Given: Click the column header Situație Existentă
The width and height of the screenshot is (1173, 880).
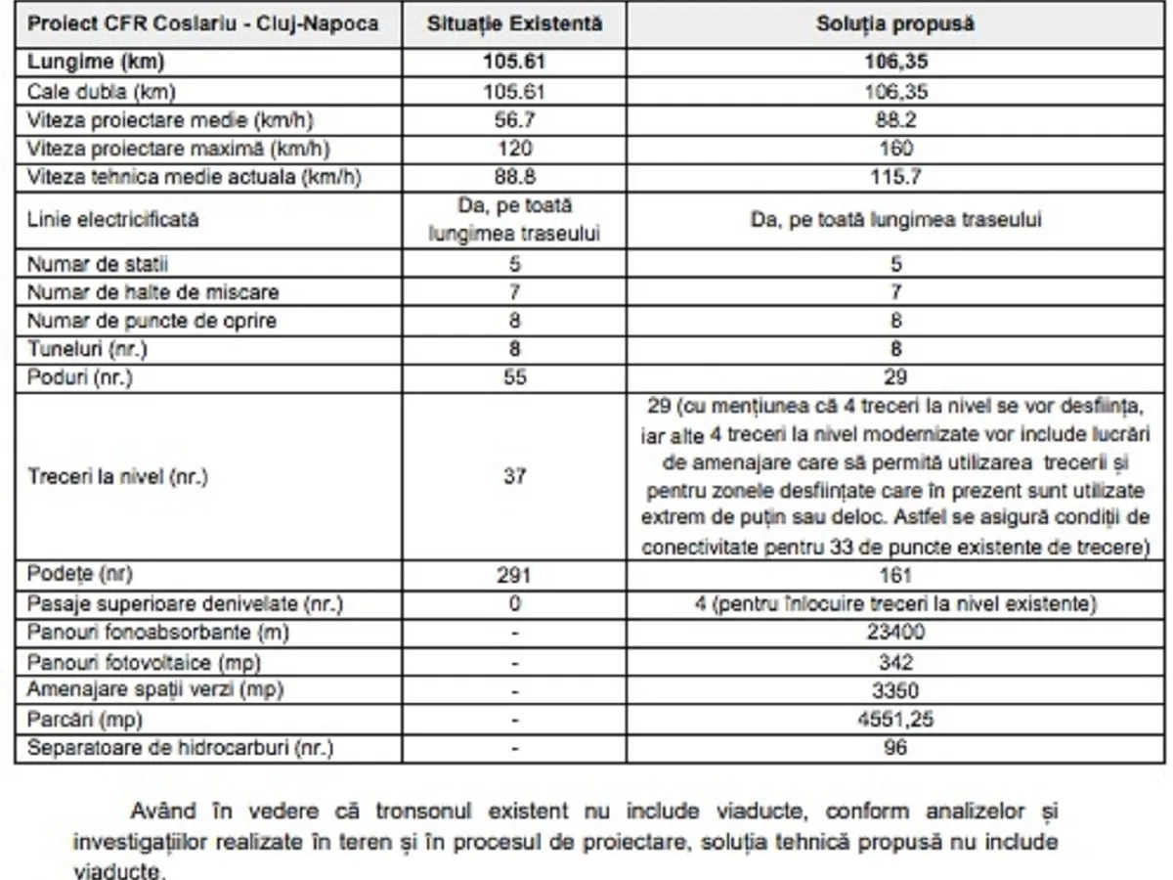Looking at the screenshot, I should (514, 23).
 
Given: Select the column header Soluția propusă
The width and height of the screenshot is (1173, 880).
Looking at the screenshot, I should (895, 23).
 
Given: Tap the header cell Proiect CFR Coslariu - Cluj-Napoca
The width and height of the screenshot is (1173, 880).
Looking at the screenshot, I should (203, 23).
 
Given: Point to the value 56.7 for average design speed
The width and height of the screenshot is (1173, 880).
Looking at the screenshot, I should (514, 120).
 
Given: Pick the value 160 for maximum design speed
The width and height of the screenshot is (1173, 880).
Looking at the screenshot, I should (895, 149).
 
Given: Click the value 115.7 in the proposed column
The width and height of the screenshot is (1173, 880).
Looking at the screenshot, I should (895, 178).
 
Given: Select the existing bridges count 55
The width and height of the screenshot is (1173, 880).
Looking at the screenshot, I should (514, 377).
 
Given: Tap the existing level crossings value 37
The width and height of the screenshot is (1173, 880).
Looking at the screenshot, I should (514, 477).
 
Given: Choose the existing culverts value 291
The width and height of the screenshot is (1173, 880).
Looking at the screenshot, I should (514, 575).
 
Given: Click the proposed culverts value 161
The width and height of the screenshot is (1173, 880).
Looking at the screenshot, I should (895, 575).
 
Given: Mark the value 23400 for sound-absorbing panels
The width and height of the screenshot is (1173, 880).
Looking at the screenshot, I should (895, 633).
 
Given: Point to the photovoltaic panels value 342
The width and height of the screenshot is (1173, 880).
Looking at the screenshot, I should (895, 662).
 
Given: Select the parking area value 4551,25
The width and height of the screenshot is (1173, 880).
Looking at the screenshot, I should (895, 720).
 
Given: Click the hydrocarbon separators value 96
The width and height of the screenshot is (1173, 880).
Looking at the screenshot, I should (895, 749).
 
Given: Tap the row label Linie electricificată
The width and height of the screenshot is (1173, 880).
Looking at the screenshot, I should (113, 220).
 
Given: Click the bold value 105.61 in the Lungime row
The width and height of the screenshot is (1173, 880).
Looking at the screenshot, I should (514, 63).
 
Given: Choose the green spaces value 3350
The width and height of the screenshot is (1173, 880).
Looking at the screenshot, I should (895, 691).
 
